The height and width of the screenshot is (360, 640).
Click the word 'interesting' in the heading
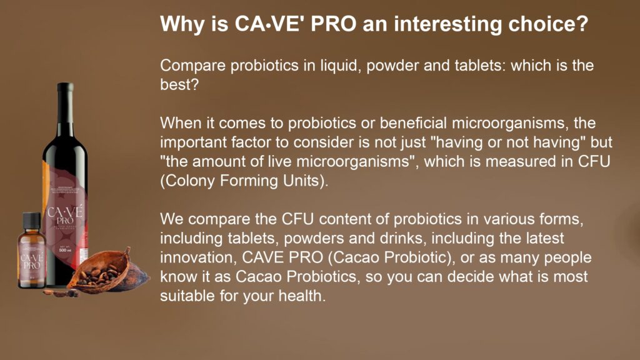[447, 24]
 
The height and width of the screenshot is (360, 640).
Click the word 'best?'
[179, 84]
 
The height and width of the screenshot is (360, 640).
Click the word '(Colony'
[187, 181]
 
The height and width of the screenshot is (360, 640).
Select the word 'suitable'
[187, 296]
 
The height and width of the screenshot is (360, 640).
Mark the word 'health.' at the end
[302, 296]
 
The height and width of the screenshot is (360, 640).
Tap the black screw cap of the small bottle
[32, 221]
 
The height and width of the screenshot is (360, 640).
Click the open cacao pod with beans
[109, 271]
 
